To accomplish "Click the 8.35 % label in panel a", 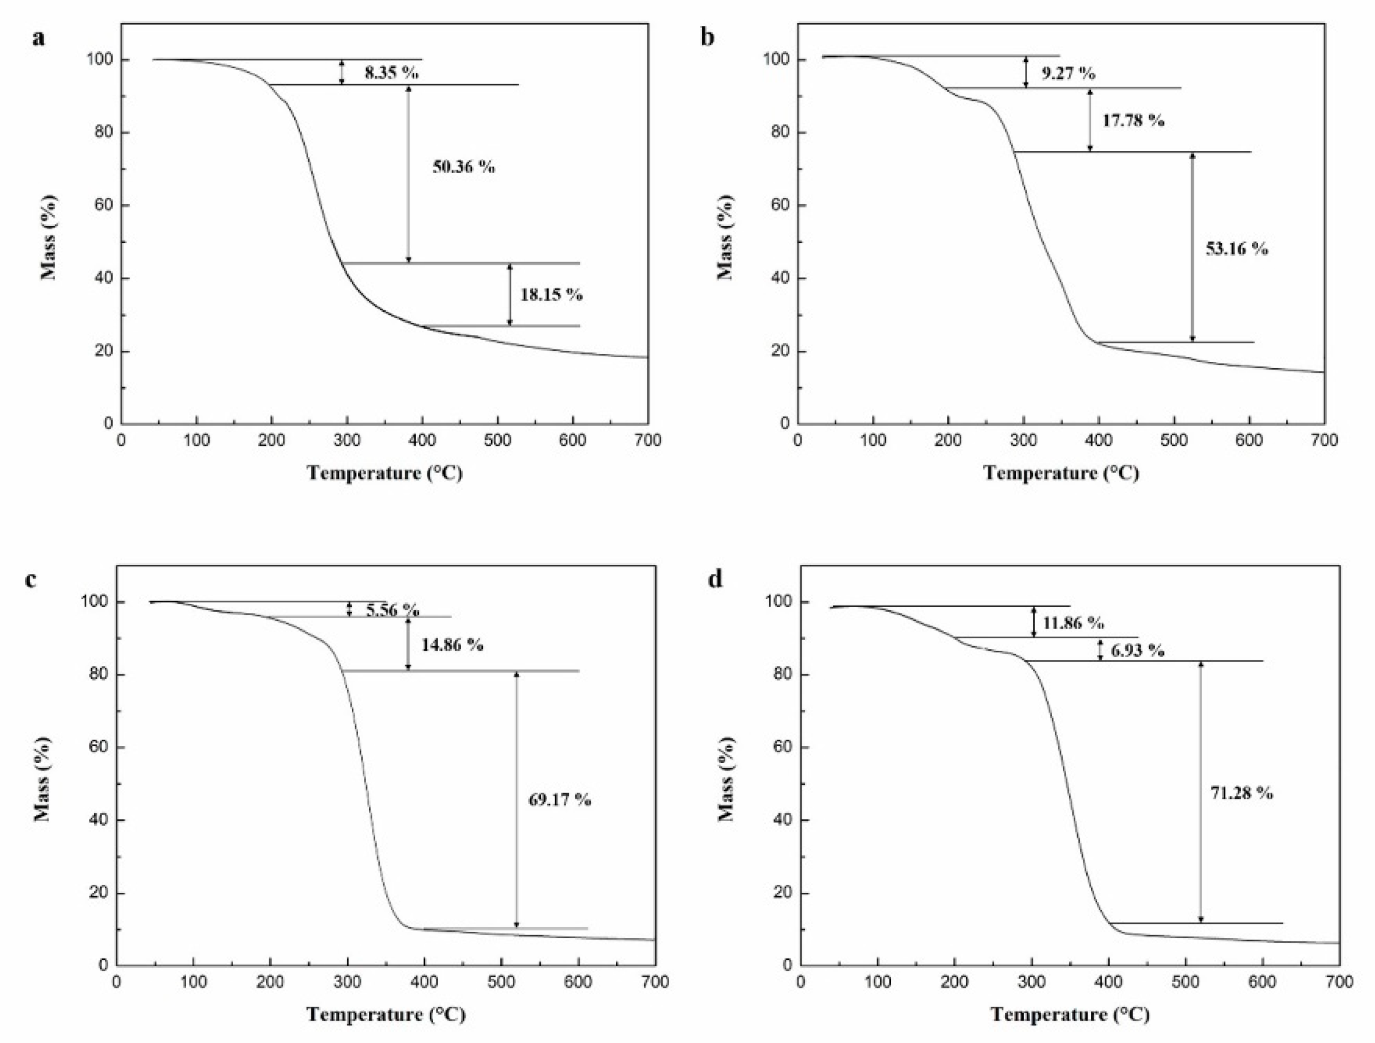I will point(391,73).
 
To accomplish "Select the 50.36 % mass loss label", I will point(463,167).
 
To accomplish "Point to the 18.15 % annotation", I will point(551,295).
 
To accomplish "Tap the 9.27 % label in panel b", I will point(1068,73).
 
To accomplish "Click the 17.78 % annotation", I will point(1133,120).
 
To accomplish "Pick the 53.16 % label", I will point(1236,249).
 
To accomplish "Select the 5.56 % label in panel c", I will point(392,610).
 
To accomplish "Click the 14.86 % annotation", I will point(452,645).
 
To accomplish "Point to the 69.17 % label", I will point(559,800).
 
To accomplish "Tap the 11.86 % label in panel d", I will point(1073,623).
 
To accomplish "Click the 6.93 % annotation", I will point(1137,651).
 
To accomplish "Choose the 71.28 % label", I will point(1242,793).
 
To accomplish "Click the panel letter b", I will point(708,37).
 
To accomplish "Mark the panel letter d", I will point(716,580).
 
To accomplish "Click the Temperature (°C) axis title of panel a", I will point(385,473).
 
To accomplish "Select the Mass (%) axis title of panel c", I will point(42,779).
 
